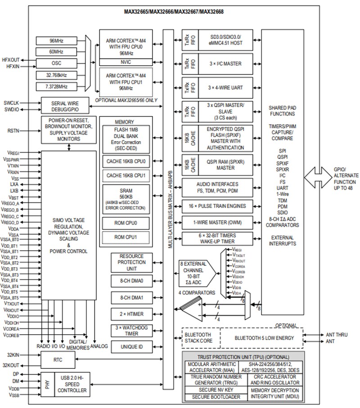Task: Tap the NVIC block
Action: pyautogui.click(x=126, y=62)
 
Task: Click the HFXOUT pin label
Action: pyautogui.click(x=10, y=59)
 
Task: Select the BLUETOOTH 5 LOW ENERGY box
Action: pyautogui.click(x=261, y=338)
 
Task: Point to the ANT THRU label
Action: pyautogui.click(x=336, y=335)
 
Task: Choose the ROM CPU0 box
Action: pyautogui.click(x=126, y=223)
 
